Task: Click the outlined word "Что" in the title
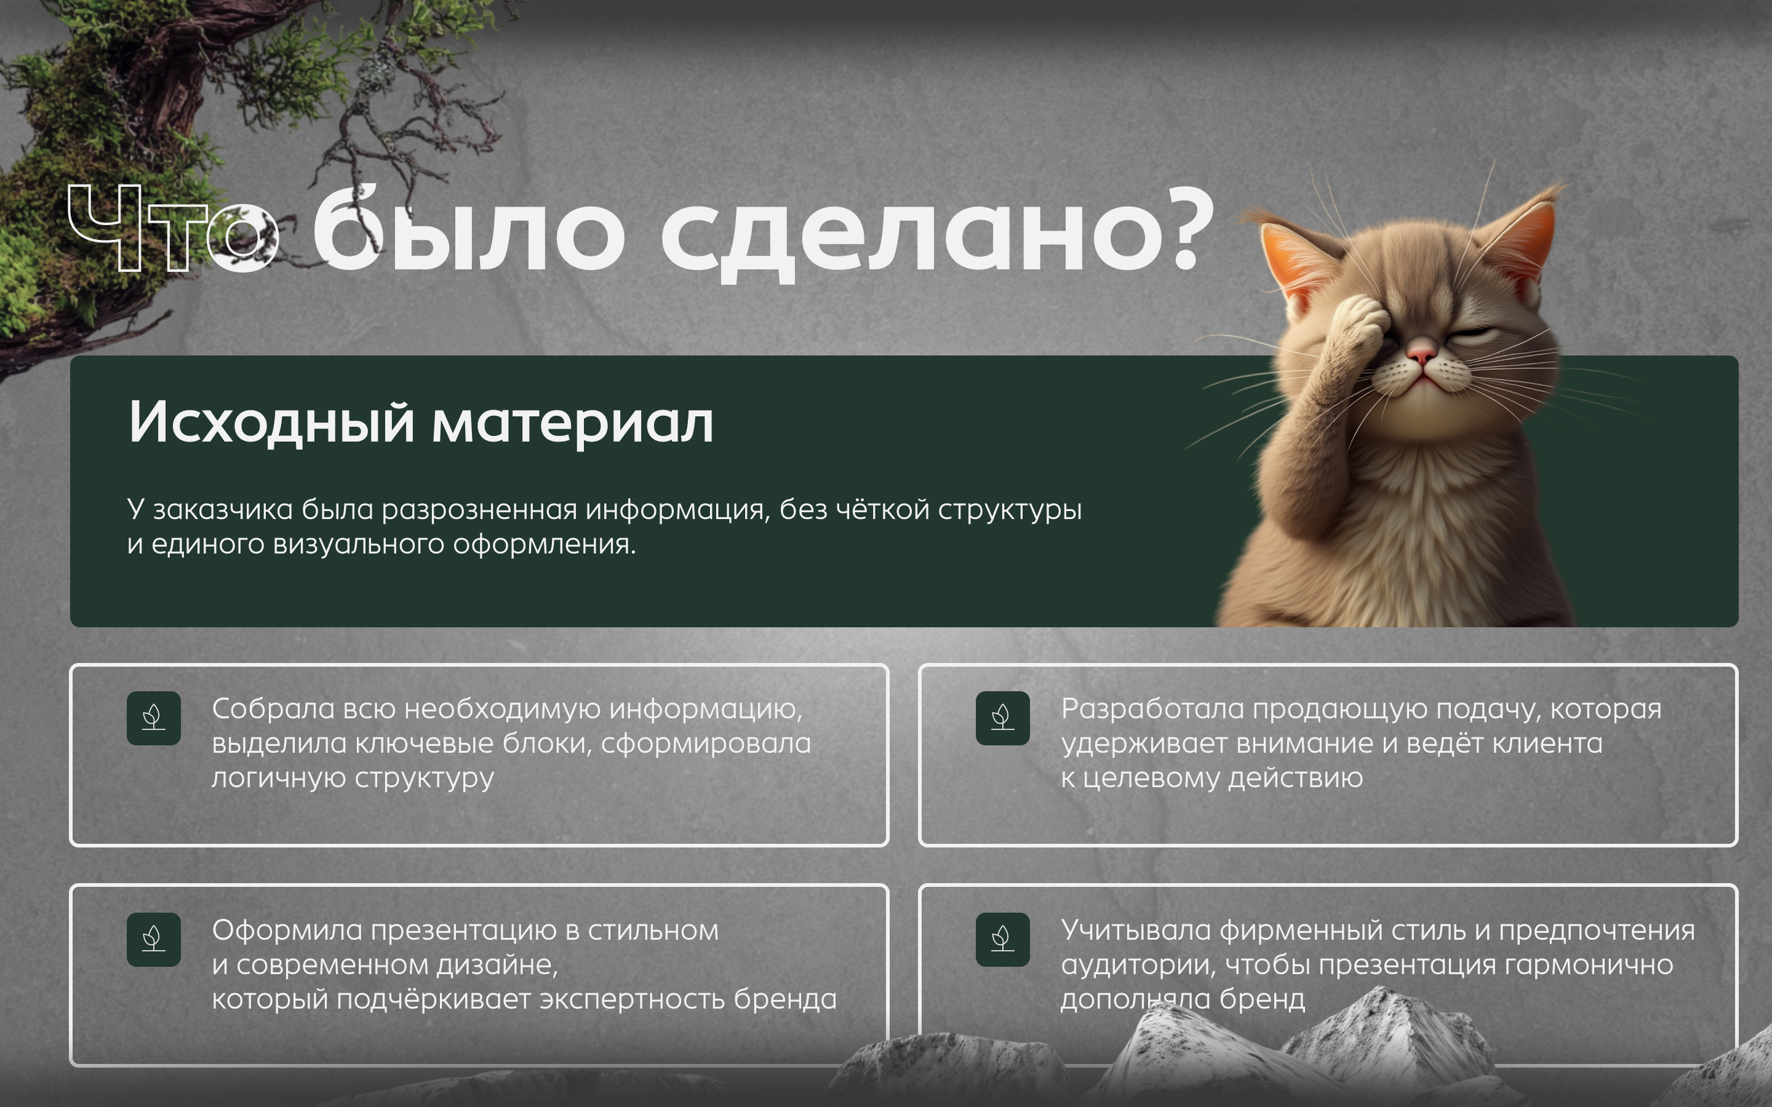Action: pos(174,228)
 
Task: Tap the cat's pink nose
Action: pos(1421,354)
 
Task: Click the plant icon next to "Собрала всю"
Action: pos(154,718)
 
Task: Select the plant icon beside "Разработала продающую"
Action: pos(1002,718)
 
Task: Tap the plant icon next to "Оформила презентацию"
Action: pos(154,938)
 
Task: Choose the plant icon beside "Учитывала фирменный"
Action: pos(1002,938)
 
